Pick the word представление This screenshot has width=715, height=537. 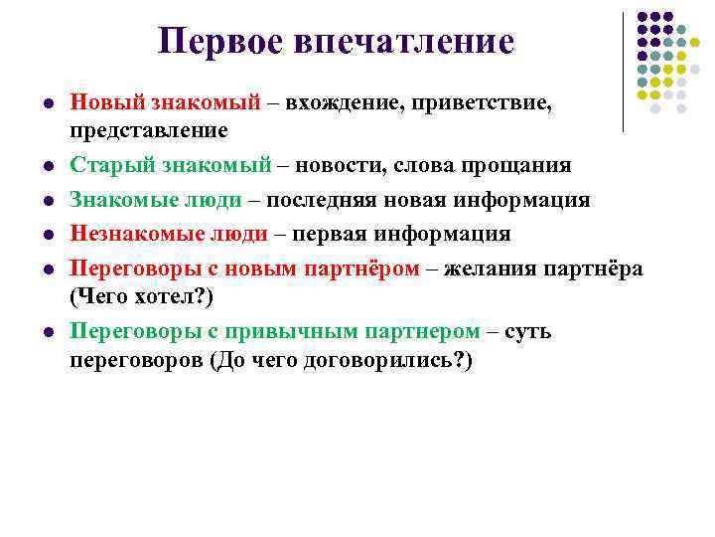(149, 129)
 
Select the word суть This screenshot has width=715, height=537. (529, 330)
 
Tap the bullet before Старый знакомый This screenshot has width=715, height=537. (47, 165)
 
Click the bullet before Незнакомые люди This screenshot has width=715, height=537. (47, 235)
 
